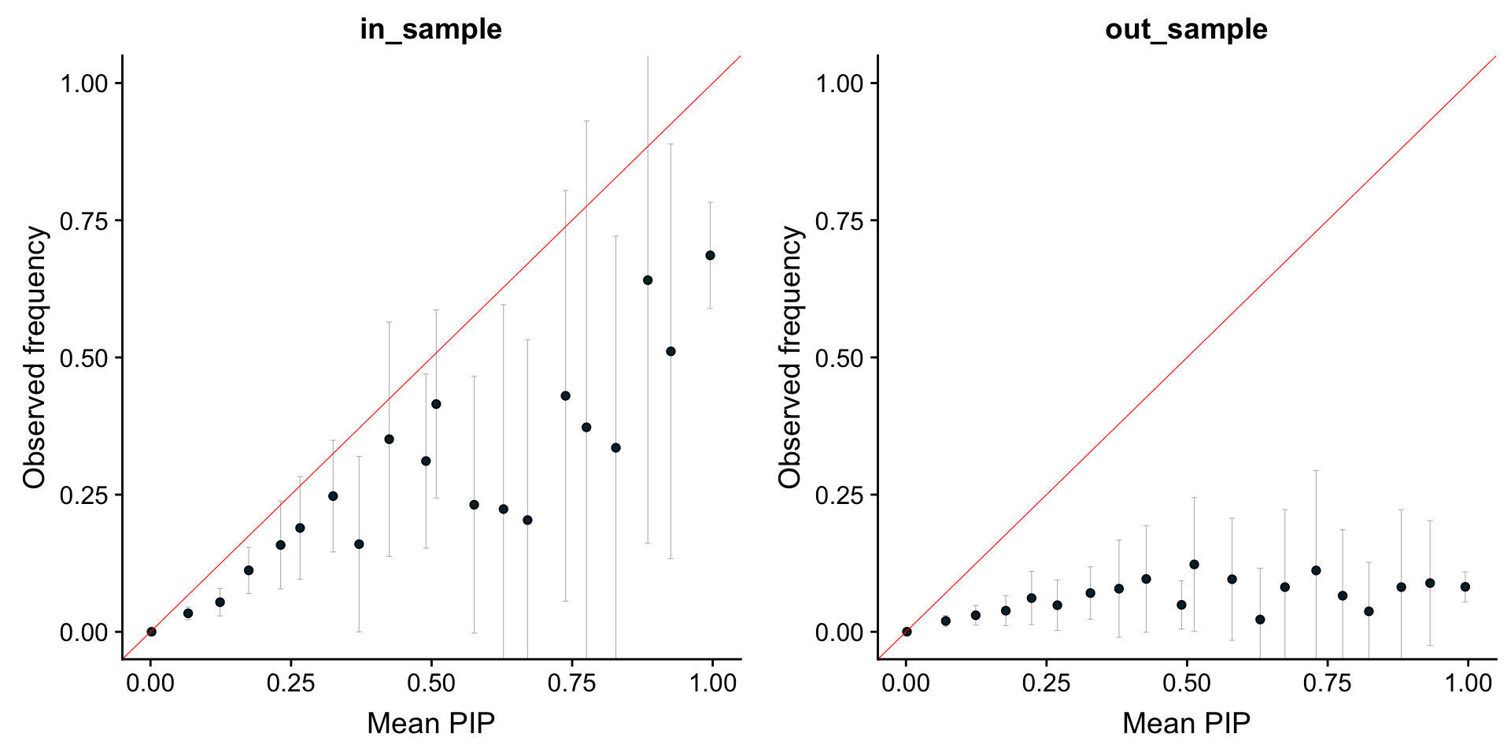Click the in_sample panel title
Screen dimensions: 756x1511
click(430, 29)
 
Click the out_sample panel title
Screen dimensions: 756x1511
click(1186, 29)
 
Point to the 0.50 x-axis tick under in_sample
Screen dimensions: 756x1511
click(431, 683)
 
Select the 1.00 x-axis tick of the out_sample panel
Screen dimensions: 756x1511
click(1468, 683)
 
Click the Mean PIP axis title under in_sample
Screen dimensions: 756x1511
click(430, 723)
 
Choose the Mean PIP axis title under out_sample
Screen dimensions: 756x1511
click(1186, 723)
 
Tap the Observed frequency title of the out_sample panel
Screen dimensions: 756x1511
click(790, 357)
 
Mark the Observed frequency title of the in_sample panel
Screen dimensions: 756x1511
click(35, 357)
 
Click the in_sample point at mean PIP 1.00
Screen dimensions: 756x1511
click(710, 255)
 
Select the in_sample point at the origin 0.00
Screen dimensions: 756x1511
click(151, 632)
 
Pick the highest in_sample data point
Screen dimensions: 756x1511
click(710, 255)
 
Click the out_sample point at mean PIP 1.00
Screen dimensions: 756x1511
click(1465, 587)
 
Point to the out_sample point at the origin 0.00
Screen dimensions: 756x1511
click(907, 632)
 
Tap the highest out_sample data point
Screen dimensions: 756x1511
click(1194, 564)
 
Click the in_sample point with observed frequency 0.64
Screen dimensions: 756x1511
click(648, 280)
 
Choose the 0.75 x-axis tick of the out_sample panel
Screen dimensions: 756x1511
click(1327, 683)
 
